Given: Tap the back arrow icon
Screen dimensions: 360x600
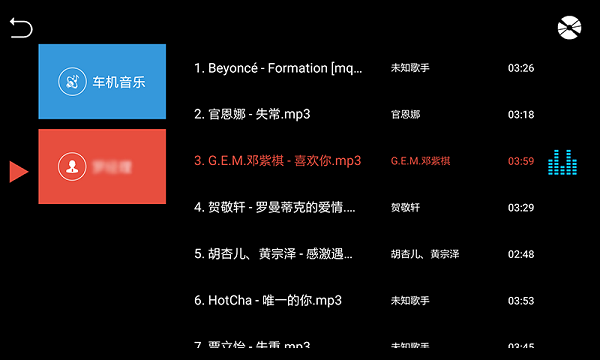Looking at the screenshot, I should [x=21, y=29].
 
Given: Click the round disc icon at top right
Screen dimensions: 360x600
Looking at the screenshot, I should [x=569, y=29].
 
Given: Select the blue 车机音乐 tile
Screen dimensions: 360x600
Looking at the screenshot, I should [x=102, y=81].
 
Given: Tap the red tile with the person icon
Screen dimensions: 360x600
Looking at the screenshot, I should [x=102, y=166].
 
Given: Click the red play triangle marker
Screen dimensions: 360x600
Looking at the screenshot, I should [x=18, y=171].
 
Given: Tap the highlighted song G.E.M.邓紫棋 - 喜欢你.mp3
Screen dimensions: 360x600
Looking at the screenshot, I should [x=277, y=161].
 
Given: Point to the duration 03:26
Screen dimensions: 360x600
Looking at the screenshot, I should [x=521, y=68].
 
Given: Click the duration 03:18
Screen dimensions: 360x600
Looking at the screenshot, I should [x=521, y=115].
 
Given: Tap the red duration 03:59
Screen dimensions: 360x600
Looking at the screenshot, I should [x=521, y=161].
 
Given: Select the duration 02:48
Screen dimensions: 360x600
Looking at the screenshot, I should [x=521, y=254].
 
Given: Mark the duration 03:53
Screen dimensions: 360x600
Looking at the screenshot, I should [x=521, y=301].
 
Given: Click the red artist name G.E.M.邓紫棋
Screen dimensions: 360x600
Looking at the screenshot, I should [x=421, y=161].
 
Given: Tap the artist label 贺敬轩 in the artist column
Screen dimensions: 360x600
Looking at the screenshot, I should [x=406, y=208].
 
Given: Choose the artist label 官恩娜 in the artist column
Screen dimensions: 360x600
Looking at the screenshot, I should [x=406, y=115].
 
